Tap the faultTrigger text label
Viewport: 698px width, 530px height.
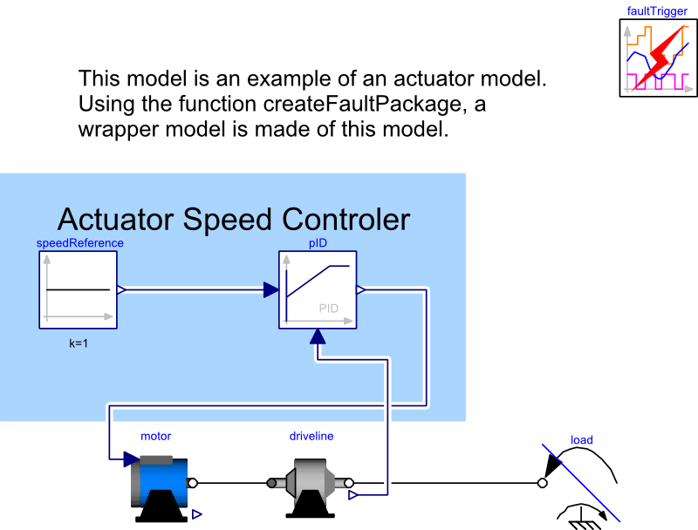pyautogui.click(x=657, y=11)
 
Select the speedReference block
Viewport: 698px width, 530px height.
pyautogui.click(x=78, y=290)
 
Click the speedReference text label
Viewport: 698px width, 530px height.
pyautogui.click(x=79, y=242)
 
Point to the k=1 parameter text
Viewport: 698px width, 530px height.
pyautogui.click(x=79, y=343)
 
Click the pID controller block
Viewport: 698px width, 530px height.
pyautogui.click(x=318, y=290)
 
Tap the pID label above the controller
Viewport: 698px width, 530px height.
pyautogui.click(x=318, y=242)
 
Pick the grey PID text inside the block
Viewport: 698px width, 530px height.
pyautogui.click(x=329, y=309)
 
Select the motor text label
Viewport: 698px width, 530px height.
pyautogui.click(x=156, y=436)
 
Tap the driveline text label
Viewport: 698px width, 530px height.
pyautogui.click(x=311, y=436)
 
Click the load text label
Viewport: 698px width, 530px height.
pyautogui.click(x=582, y=440)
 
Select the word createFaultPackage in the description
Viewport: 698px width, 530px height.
pyautogui.click(x=366, y=105)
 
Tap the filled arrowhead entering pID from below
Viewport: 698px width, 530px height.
pyautogui.click(x=318, y=337)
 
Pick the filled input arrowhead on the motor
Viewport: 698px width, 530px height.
pyautogui.click(x=132, y=459)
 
